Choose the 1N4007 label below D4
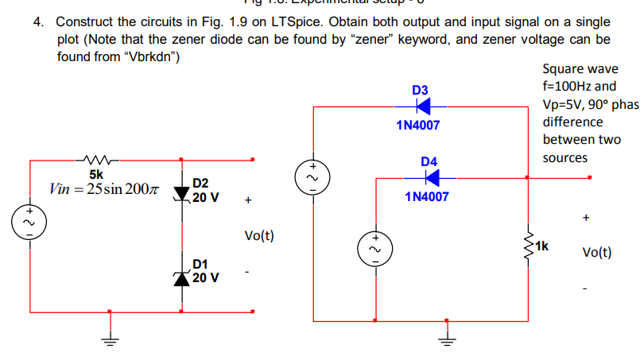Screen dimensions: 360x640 pos(427,196)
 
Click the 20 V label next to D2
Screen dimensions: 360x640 pos(207,196)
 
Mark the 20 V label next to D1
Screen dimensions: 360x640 pos(207,278)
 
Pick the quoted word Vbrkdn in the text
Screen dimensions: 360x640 pos(154,57)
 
